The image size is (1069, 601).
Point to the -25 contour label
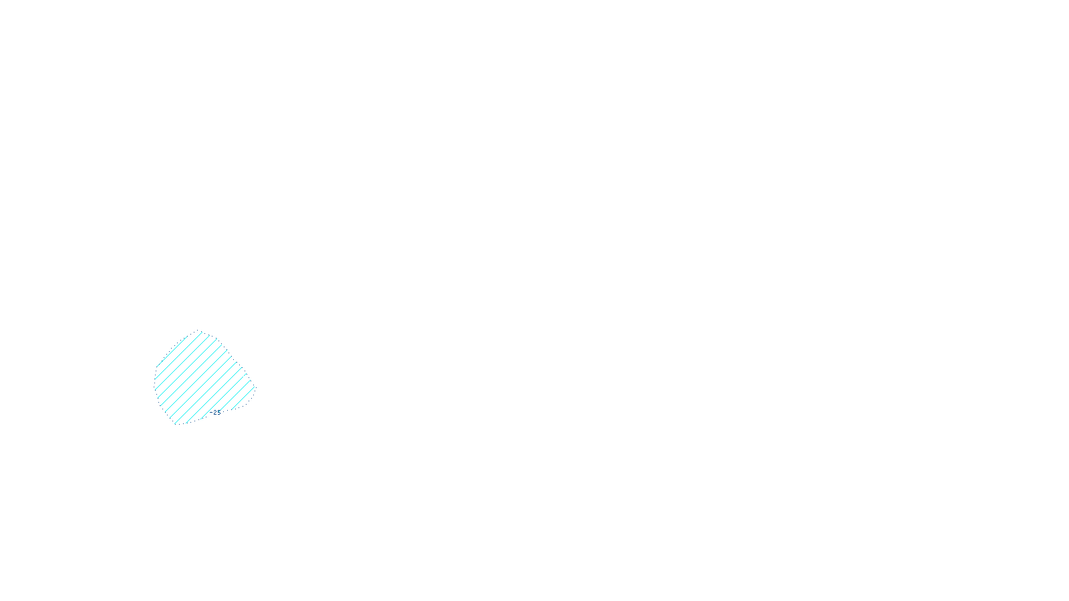click(216, 413)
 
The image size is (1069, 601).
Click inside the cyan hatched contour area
click(200, 377)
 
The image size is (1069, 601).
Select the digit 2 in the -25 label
click(216, 413)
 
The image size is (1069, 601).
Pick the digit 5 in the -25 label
click(219, 413)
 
